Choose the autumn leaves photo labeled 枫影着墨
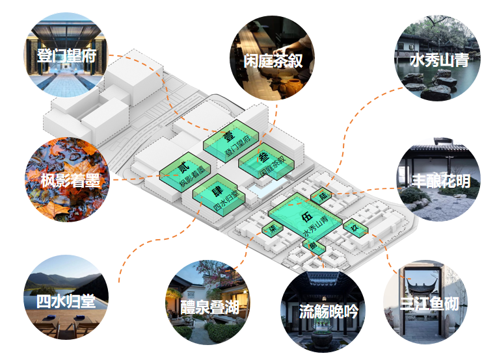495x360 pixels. [65, 179]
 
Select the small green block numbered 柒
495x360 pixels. [271, 228]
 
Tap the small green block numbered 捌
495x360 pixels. [313, 245]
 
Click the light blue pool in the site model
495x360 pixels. [262, 192]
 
